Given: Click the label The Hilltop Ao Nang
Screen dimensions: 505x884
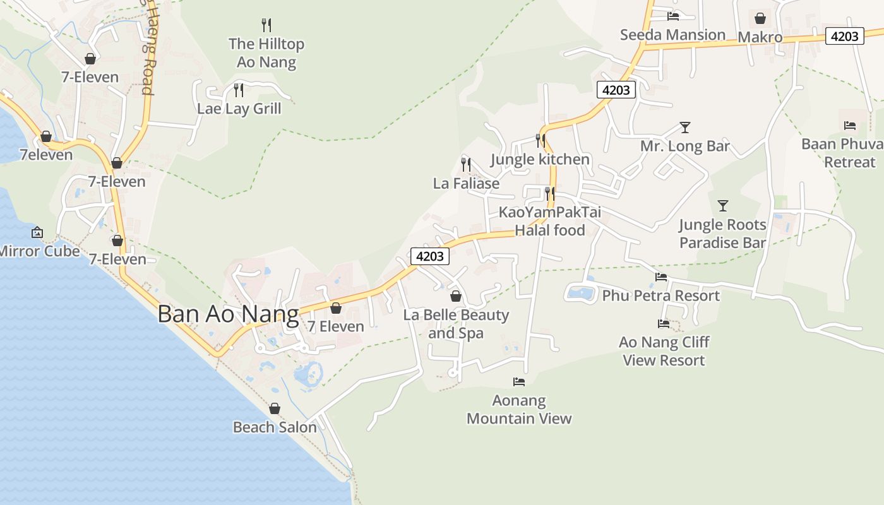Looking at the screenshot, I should [266, 53].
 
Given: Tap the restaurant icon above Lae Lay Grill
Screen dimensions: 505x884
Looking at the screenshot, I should [238, 90].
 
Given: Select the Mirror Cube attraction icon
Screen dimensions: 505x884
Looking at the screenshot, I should [37, 232].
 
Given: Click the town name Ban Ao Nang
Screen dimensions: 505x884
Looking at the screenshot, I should [228, 314].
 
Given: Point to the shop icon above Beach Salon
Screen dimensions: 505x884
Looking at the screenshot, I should [274, 408].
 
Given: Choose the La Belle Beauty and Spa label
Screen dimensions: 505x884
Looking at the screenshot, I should [456, 324].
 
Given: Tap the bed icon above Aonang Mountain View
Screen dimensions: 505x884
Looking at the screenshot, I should [519, 381].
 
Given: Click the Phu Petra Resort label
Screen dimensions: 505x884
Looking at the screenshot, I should [660, 295].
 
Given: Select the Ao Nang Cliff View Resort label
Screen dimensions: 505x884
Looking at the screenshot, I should [664, 351].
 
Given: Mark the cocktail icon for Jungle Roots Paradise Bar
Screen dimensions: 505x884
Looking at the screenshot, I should [723, 206].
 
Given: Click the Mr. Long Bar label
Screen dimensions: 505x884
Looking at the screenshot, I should [685, 146].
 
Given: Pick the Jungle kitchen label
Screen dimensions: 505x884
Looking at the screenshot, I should [540, 159].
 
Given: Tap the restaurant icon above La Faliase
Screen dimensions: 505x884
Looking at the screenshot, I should [466, 165].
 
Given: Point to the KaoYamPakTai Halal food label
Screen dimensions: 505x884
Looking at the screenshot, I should [550, 221].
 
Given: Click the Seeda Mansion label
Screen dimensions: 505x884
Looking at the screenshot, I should [672, 35].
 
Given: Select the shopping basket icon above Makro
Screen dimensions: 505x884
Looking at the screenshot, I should [760, 18].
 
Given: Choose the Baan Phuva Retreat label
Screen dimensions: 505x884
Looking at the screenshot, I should [842, 153].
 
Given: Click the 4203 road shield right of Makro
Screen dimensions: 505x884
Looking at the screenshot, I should [844, 37].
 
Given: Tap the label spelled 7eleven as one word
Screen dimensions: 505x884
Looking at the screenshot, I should [46, 155].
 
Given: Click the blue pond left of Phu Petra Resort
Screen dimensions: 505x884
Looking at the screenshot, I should [580, 293].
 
